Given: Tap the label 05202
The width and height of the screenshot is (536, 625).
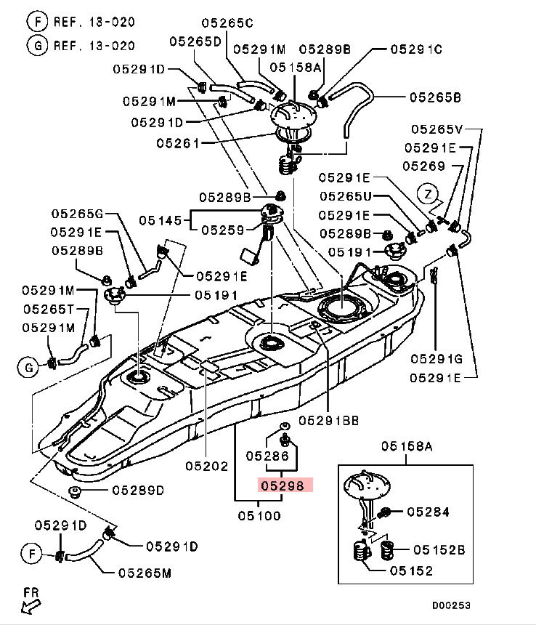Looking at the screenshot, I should click(207, 465).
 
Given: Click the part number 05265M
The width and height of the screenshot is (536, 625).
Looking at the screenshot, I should click(145, 573).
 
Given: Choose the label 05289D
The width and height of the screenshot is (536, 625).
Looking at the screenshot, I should click(138, 491).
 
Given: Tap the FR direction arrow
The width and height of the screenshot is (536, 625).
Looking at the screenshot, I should click(31, 597).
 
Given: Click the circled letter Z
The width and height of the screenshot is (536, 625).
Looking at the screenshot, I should click(429, 194).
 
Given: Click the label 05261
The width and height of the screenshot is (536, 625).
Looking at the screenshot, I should click(177, 143).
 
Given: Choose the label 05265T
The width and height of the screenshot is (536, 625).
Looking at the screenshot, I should click(48, 309).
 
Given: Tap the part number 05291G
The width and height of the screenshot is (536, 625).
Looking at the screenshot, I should click(436, 358).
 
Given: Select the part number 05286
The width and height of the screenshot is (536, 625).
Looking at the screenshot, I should click(267, 456).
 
